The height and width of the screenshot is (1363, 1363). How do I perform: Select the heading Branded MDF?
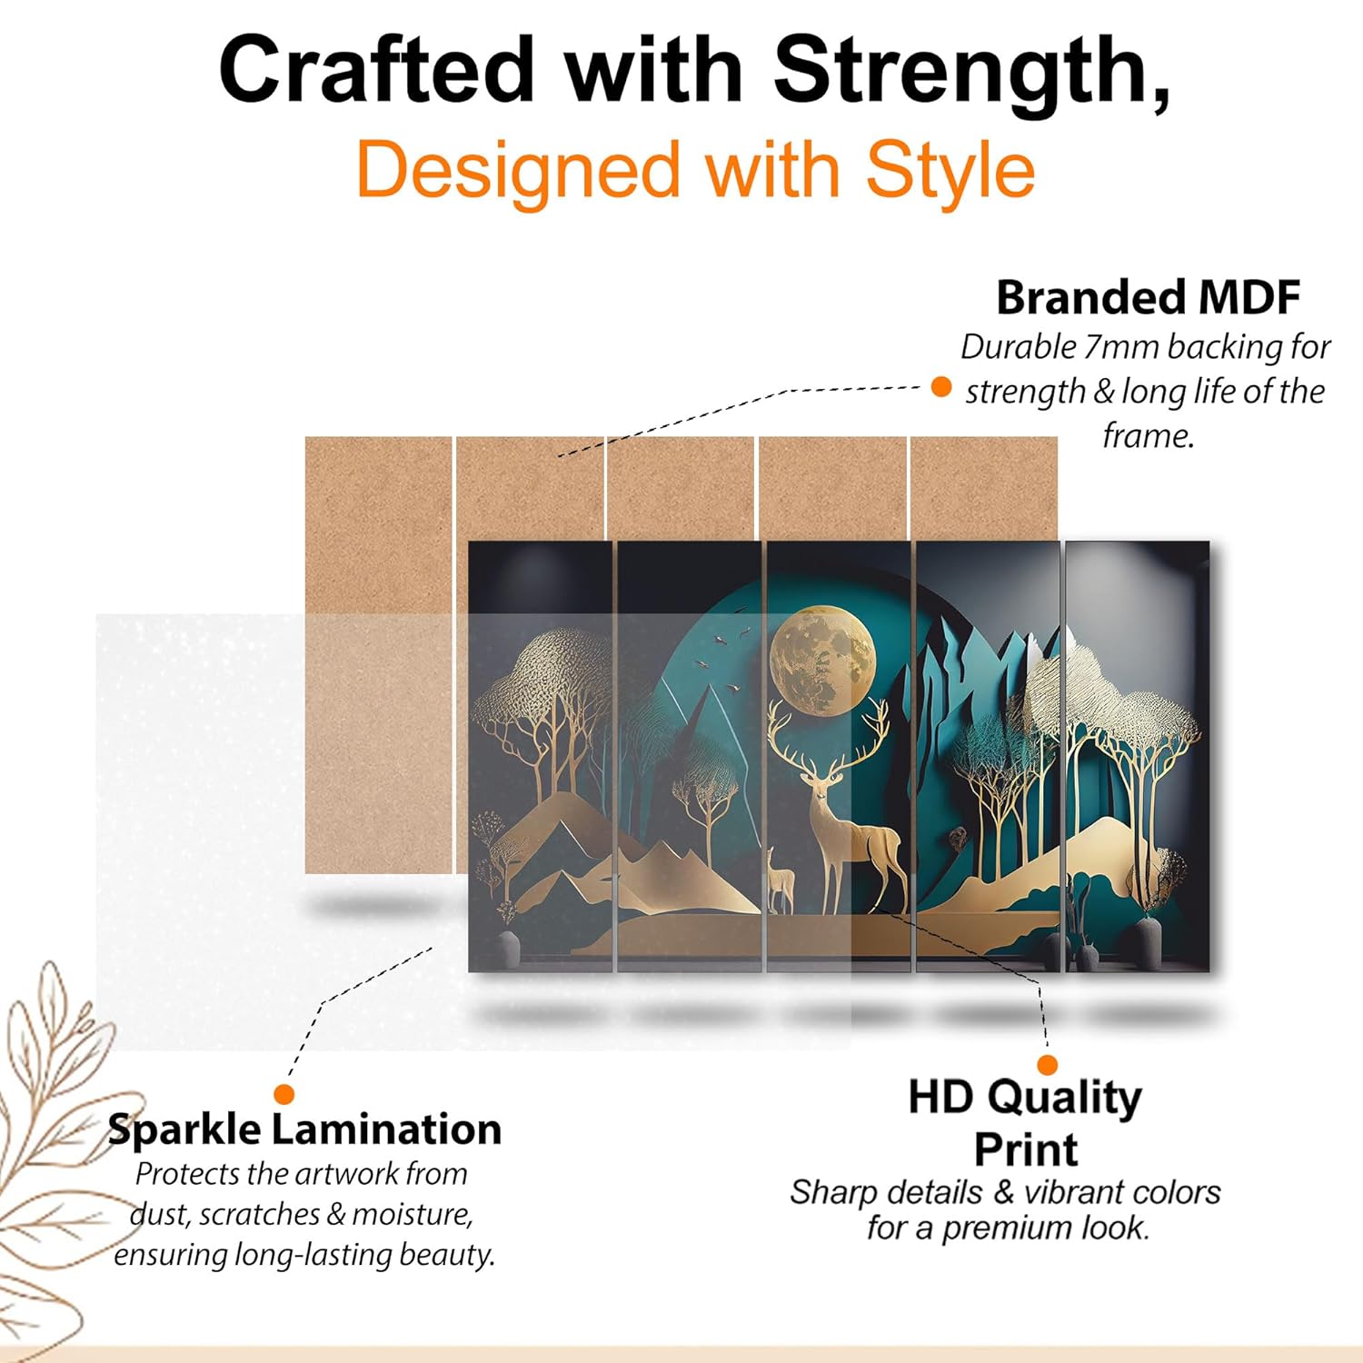(x=1149, y=297)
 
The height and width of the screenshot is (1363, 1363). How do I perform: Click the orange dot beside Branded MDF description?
(x=941, y=387)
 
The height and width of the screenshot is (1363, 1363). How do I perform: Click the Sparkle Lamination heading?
(x=304, y=1129)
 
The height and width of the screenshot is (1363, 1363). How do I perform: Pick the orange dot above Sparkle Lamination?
(x=284, y=1094)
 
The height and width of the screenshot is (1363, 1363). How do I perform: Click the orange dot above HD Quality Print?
(x=1048, y=1065)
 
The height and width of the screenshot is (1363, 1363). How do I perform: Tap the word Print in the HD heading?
(x=1026, y=1149)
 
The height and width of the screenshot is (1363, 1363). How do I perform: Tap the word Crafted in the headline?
(x=376, y=71)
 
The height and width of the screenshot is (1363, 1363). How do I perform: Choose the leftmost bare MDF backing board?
(x=378, y=654)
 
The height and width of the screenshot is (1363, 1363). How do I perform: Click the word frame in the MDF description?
(x=1148, y=436)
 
